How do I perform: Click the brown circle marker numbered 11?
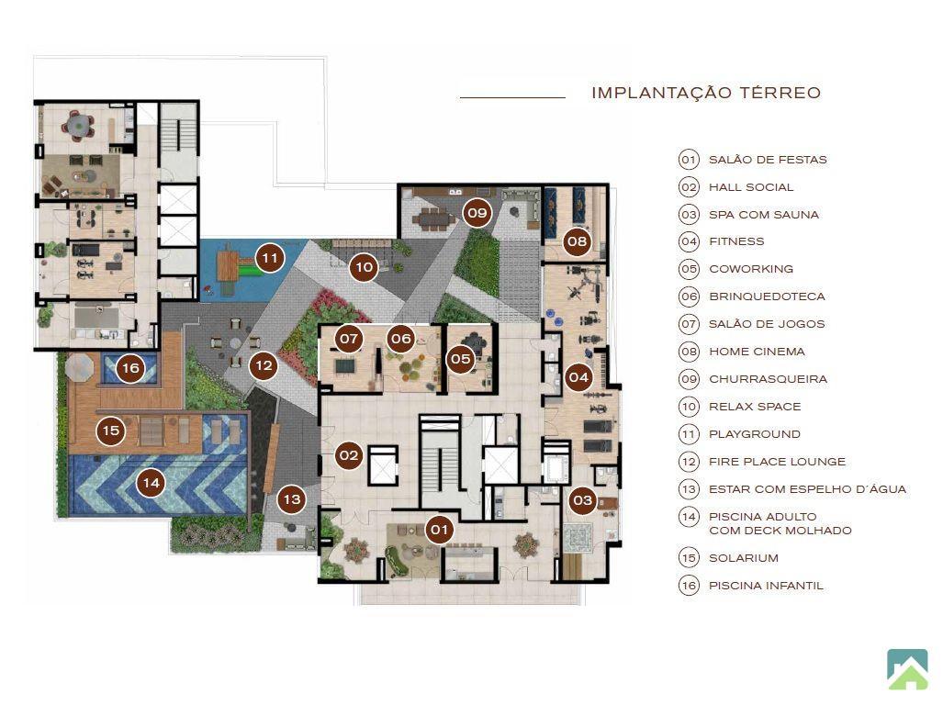coord(270,259)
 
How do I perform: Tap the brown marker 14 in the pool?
coord(151,483)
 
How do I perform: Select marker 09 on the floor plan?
coord(477,213)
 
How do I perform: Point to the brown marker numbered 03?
coord(583,500)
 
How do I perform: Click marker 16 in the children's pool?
coord(130,368)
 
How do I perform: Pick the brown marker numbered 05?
coord(461,359)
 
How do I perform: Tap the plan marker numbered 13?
coord(292,499)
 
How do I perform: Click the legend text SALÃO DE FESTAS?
coord(768,160)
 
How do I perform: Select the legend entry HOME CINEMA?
coord(757,352)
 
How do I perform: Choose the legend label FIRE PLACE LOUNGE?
coord(777,462)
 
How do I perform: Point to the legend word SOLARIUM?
coord(744,558)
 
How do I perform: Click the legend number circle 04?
coord(690,241)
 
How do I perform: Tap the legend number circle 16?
coord(690,586)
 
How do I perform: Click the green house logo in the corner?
coord(907,669)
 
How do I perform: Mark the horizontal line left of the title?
coord(512,96)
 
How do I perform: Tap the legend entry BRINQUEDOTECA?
coord(767,297)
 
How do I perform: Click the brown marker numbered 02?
coord(349,455)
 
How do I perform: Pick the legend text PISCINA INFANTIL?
coord(766,586)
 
